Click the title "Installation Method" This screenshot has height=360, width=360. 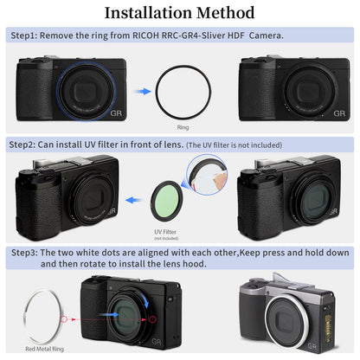[x=179, y=13]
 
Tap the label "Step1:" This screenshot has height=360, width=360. [x=28, y=36]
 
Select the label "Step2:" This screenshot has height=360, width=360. [x=28, y=145]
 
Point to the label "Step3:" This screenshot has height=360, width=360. [x=28, y=252]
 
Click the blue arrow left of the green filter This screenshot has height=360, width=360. [x=134, y=197]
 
